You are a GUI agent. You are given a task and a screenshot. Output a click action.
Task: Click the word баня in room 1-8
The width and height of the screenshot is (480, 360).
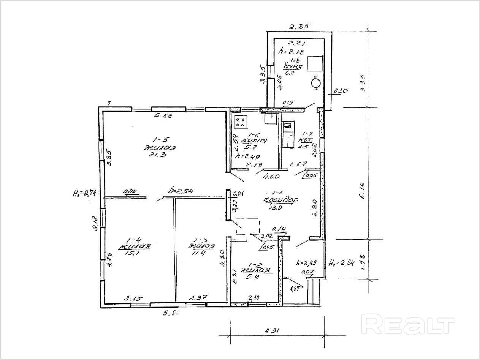[x=293, y=67]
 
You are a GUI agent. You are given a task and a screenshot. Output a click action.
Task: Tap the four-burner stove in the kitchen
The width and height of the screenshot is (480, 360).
[x=241, y=122]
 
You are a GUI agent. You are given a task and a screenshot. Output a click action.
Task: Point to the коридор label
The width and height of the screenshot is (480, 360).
[x=280, y=200]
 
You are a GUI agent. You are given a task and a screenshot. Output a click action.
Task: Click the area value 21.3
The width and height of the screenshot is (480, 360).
[x=156, y=155]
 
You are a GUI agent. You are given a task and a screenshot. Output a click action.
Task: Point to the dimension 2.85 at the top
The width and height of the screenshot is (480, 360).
[x=300, y=27]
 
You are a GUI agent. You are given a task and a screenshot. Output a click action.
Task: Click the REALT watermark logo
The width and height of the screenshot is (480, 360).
[x=409, y=325]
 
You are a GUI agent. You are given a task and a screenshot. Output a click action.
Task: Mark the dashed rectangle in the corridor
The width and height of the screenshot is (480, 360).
[x=247, y=227]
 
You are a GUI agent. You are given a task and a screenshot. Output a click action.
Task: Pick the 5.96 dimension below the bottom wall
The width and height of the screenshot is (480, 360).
[x=171, y=313]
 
